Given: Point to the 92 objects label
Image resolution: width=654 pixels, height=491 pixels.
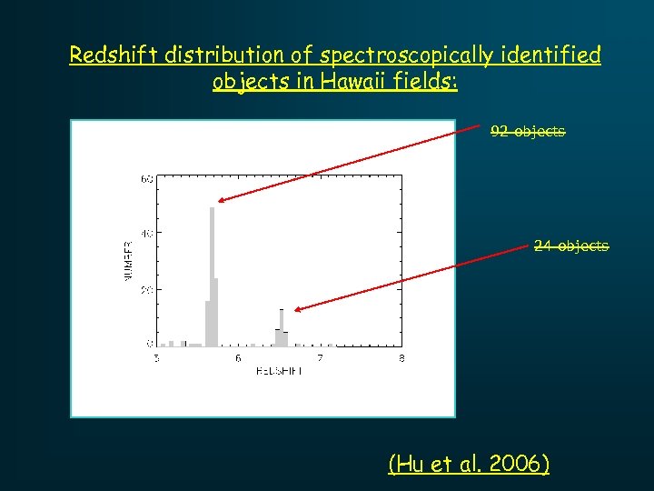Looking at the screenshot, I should coord(528,132).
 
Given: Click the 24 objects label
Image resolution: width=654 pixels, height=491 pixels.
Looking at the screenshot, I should coord(571,246).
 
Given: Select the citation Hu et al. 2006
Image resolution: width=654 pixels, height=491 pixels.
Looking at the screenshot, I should coord(469,465).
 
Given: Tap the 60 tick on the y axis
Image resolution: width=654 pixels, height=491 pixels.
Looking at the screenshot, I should coord(146,179).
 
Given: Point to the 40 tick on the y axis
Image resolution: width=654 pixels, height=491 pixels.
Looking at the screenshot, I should coord(146,234).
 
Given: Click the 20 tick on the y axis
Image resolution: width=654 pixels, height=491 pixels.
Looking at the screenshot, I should coord(146,289).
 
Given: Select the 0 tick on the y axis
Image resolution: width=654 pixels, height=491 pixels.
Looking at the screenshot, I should coord(150,344).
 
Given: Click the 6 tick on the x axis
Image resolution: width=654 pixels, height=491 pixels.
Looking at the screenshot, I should coord(238,359).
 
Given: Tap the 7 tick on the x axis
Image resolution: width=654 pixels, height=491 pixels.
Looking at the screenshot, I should coord(320,359).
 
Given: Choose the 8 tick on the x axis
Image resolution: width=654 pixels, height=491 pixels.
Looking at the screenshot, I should coord(401,359).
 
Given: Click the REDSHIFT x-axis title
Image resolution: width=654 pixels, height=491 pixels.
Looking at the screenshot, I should coord(279,372).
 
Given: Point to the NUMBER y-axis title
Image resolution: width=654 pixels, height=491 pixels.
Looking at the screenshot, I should coord(127,261).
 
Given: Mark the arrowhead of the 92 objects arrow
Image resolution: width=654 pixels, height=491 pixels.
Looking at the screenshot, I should coord(221,200).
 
